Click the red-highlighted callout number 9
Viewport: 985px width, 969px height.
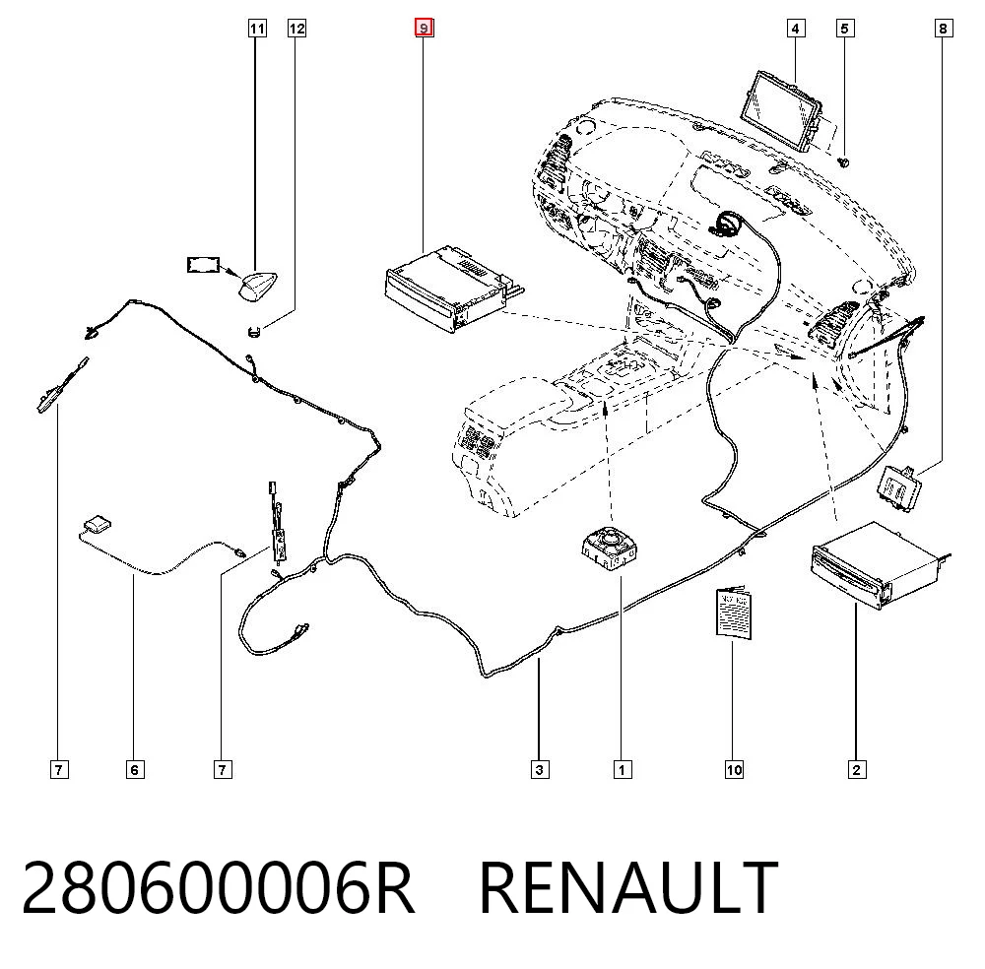point(424,28)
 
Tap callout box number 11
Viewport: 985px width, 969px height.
point(257,29)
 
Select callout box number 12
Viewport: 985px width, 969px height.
point(296,29)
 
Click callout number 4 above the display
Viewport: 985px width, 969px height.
point(796,29)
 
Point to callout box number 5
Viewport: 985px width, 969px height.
point(845,29)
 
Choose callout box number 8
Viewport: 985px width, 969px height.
point(943,29)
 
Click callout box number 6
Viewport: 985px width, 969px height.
point(134,769)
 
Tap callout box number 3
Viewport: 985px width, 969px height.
point(540,769)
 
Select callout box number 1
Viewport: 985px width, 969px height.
point(623,769)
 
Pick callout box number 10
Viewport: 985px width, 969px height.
point(734,769)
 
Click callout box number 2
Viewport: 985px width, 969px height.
point(856,769)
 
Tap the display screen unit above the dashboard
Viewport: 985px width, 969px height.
point(783,111)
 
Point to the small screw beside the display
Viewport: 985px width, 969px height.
point(844,162)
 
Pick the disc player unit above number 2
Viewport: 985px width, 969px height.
point(880,565)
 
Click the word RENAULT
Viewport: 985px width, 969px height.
point(628,888)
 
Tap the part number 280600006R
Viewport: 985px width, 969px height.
point(218,888)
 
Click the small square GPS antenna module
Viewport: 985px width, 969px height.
point(98,524)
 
